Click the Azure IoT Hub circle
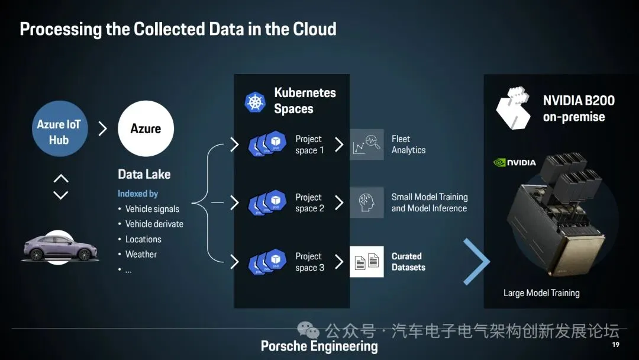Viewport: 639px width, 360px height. click(x=59, y=131)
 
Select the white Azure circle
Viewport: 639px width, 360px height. click(x=146, y=128)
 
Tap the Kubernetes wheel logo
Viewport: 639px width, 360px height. click(x=255, y=102)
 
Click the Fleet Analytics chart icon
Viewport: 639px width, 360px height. click(x=366, y=144)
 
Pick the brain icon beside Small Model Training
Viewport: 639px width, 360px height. click(x=366, y=202)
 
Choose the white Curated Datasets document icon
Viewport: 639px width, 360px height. click(x=366, y=262)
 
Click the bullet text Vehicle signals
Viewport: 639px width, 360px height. click(x=152, y=209)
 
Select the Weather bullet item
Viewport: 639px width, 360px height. click(x=141, y=255)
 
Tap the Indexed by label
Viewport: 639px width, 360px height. click(x=138, y=194)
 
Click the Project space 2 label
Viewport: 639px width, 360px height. click(x=309, y=202)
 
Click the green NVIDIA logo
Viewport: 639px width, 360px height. click(x=514, y=163)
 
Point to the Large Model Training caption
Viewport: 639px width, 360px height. click(x=541, y=293)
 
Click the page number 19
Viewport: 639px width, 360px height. click(x=615, y=345)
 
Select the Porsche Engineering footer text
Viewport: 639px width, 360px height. click(x=319, y=346)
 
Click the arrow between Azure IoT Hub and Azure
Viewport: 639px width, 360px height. click(x=102, y=128)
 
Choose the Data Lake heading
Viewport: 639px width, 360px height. click(x=144, y=175)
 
